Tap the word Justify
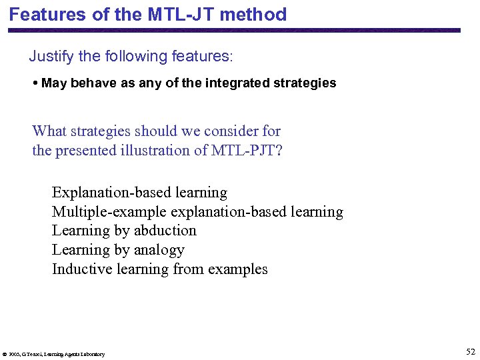click(x=51, y=56)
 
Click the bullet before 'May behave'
click(x=35, y=83)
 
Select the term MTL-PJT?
click(x=247, y=150)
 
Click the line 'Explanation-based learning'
click(x=139, y=193)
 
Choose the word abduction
click(x=165, y=231)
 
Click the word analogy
click(x=159, y=250)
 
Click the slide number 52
click(x=471, y=351)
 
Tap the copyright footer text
click(x=54, y=354)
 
